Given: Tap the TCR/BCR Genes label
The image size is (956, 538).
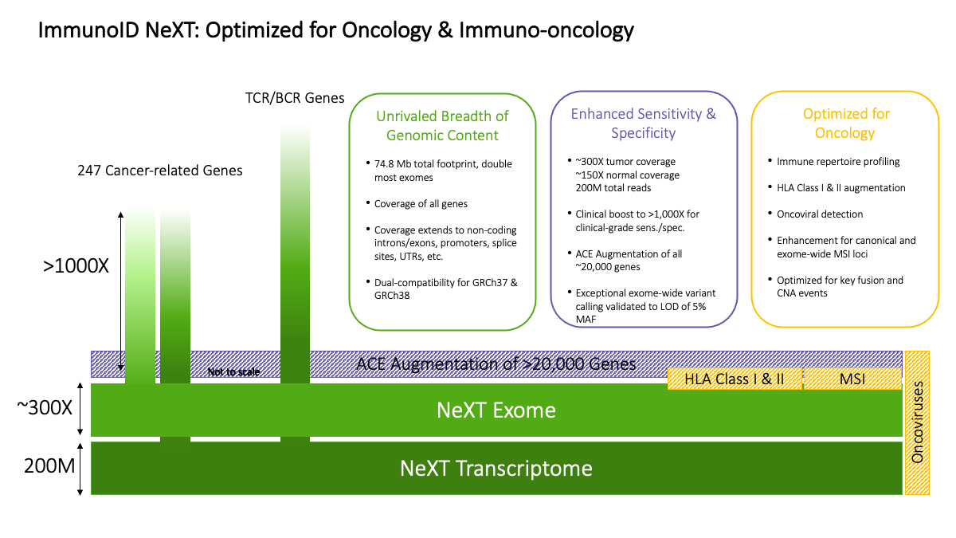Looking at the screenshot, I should point(294,98).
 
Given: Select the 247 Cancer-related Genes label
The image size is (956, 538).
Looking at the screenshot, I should point(160,170).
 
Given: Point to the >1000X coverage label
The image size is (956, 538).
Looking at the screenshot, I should point(76,266).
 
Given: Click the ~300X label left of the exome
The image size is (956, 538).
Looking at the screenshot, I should point(45,407).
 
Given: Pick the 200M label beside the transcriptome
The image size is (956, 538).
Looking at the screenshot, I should point(46,465).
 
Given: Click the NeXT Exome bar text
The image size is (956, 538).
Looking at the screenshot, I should point(496,410).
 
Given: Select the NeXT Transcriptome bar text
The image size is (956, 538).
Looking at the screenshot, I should point(496,468).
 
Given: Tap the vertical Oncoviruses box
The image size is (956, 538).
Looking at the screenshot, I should point(918,422).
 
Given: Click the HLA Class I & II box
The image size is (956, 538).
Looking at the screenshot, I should point(734,379).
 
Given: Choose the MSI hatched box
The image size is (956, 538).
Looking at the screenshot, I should point(852,379).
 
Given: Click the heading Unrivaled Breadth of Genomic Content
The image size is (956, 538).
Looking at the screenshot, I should point(442,125).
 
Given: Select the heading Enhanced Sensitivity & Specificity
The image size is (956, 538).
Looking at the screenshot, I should point(643,123).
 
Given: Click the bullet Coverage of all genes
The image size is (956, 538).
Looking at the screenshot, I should point(420,203).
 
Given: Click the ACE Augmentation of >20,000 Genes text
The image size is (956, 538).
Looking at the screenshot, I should point(496,363).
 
